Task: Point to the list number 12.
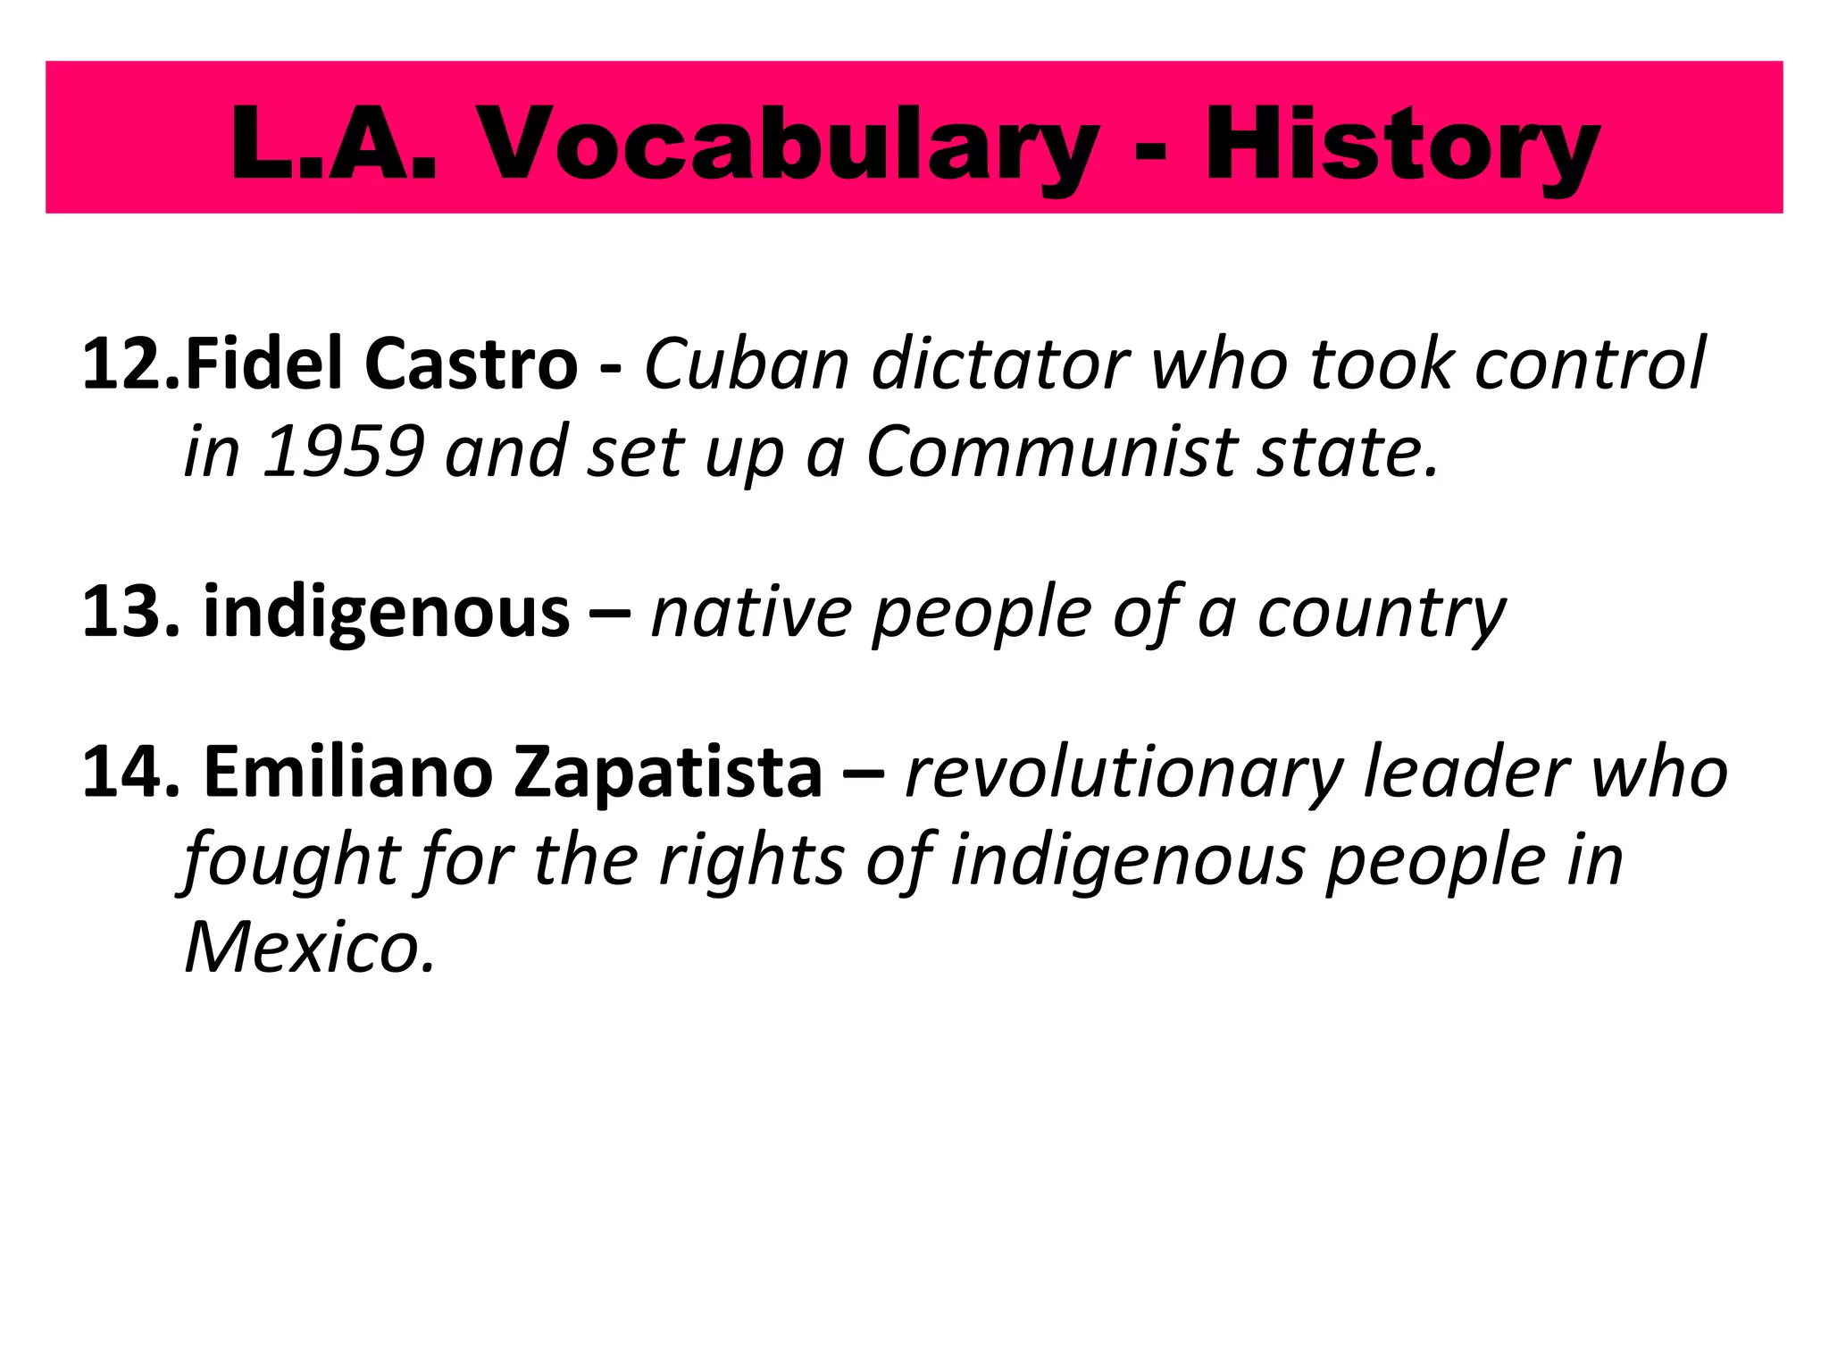point(130,364)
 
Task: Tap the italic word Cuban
point(747,364)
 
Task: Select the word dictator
point(1000,364)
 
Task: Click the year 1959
point(344,452)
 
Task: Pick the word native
point(752,613)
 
